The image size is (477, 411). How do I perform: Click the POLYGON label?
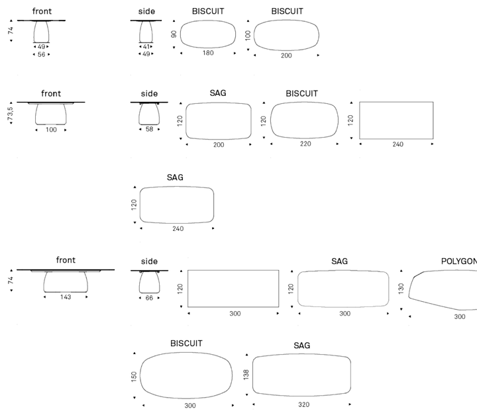pyautogui.click(x=459, y=261)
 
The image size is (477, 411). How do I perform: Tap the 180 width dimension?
pyautogui.click(x=208, y=53)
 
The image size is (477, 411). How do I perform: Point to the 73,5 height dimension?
pyautogui.click(x=11, y=113)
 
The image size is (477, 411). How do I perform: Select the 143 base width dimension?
pyautogui.click(x=66, y=297)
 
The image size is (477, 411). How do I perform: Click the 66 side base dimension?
pyautogui.click(x=149, y=298)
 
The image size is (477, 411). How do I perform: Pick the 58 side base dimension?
pyautogui.click(x=149, y=129)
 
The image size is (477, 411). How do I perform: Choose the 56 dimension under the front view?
pyautogui.click(x=41, y=54)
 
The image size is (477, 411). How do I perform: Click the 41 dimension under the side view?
pyautogui.click(x=146, y=46)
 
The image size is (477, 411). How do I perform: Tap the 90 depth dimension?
pyautogui.click(x=174, y=34)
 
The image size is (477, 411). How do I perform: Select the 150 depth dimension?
pyautogui.click(x=134, y=376)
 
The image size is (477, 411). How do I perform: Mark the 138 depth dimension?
pyautogui.click(x=246, y=375)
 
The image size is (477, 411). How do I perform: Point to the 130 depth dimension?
pyautogui.click(x=401, y=289)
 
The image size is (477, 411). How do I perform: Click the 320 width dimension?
pyautogui.click(x=303, y=404)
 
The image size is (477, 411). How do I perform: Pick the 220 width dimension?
pyautogui.click(x=305, y=144)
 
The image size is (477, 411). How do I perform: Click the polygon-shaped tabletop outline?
pyautogui.click(x=409, y=297)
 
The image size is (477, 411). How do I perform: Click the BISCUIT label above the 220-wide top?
pyautogui.click(x=302, y=93)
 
